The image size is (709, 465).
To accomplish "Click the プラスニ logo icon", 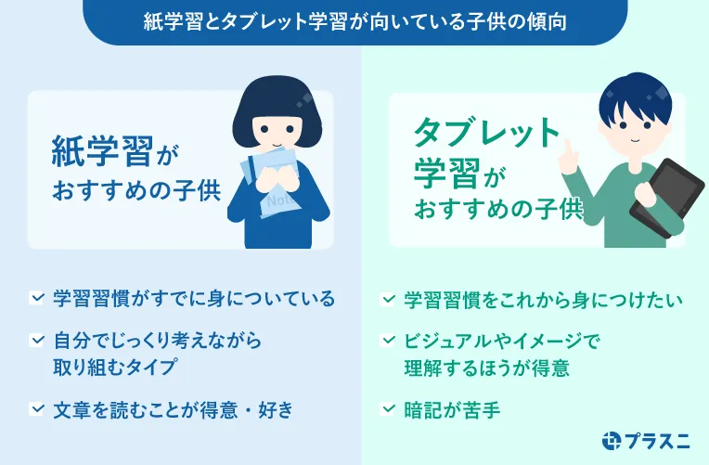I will pos(612,442).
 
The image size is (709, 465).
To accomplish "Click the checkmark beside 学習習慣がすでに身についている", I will pos(37,299).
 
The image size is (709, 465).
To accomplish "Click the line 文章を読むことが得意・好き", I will pos(173,408).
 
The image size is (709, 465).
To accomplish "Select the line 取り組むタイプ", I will pos(114,367).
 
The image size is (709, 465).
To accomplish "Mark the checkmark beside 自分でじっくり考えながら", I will pos(37,341).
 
